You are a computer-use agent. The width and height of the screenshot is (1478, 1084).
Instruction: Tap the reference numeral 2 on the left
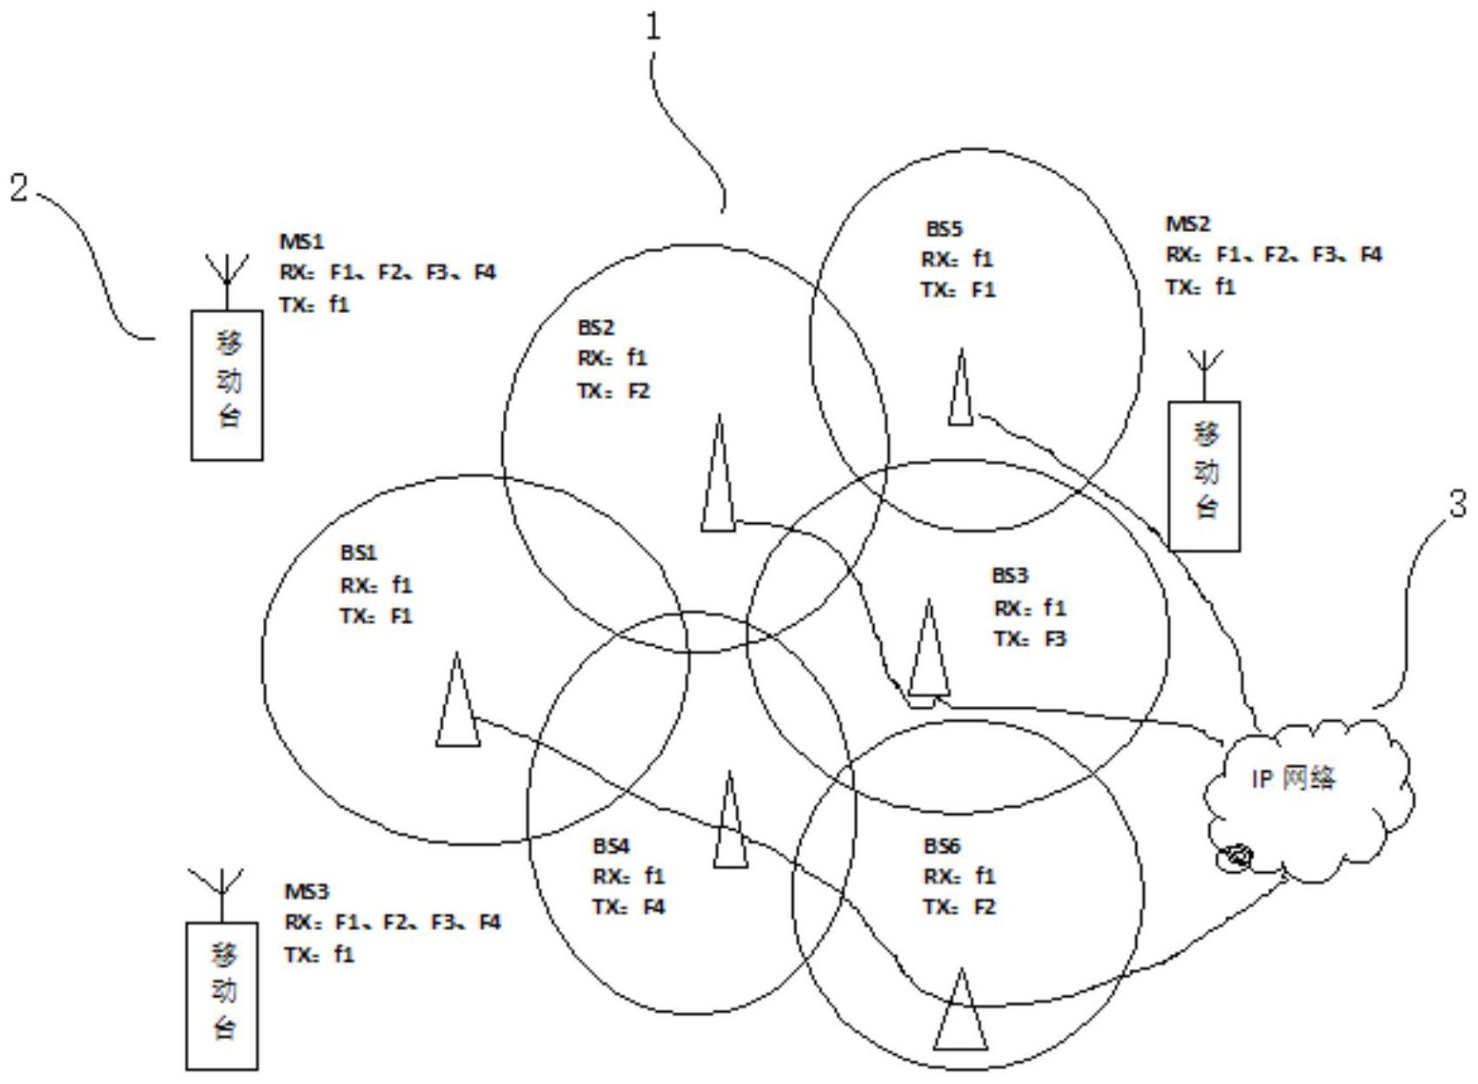click(x=19, y=186)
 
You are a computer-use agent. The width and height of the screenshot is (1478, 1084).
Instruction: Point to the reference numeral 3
click(x=1457, y=505)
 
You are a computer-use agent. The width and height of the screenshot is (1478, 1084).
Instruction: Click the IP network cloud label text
click(x=1293, y=778)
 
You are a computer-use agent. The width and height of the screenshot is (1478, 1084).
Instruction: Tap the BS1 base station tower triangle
click(x=457, y=703)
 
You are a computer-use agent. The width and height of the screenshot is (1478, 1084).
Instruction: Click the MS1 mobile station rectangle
click(x=227, y=384)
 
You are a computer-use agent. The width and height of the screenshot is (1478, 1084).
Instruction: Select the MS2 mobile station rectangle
click(x=1205, y=476)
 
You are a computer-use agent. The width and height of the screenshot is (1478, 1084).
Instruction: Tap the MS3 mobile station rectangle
click(x=222, y=995)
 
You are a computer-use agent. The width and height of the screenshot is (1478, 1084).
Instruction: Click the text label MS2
click(x=1188, y=224)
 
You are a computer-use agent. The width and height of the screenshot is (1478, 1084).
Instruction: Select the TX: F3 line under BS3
click(x=1030, y=639)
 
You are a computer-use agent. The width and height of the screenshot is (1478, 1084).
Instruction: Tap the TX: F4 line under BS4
click(x=629, y=906)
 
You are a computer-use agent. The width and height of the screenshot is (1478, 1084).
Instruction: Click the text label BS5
click(x=943, y=229)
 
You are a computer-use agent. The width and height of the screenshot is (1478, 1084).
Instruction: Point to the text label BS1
click(x=358, y=553)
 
